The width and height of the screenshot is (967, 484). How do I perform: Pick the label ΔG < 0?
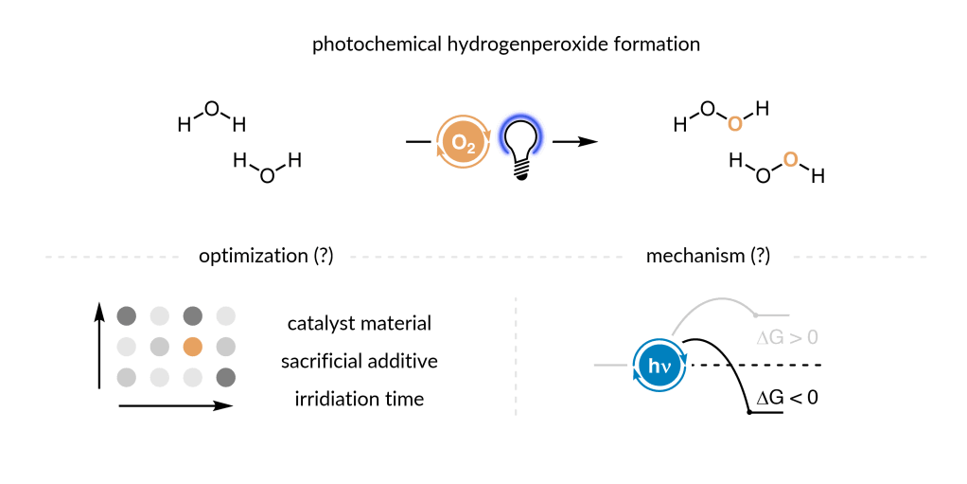click(x=785, y=397)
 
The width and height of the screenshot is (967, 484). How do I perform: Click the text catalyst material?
click(x=360, y=323)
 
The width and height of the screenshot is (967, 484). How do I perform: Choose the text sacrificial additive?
click(x=360, y=361)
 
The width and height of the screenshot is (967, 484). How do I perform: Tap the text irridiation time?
click(x=360, y=399)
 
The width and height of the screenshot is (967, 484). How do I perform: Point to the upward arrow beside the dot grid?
click(x=99, y=346)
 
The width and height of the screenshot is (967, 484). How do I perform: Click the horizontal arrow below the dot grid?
click(x=175, y=406)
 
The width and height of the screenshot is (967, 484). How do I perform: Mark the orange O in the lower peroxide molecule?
click(x=791, y=158)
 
